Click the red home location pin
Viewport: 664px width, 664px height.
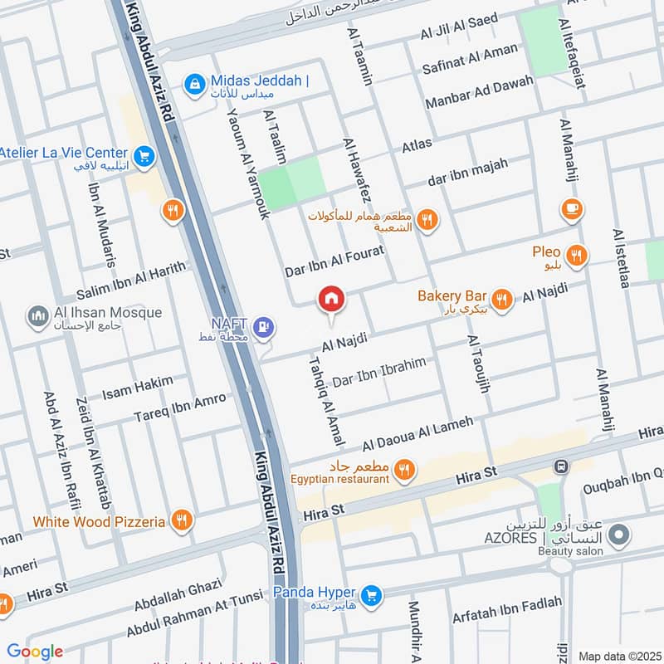pos(331,300)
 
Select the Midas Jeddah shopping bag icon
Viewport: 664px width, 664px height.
pos(195,83)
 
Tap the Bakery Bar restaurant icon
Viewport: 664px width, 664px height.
pos(500,298)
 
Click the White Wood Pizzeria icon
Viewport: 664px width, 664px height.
pos(181,521)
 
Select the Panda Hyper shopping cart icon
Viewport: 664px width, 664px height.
pos(371,594)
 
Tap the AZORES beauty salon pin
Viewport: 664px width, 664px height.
pos(617,539)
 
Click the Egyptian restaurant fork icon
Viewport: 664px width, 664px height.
pos(403,471)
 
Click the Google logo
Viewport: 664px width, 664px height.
pos(34,652)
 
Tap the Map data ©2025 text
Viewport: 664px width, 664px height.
pos(618,656)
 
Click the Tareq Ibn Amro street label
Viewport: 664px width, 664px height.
pos(180,407)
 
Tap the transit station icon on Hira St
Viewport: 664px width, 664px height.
pos(563,467)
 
